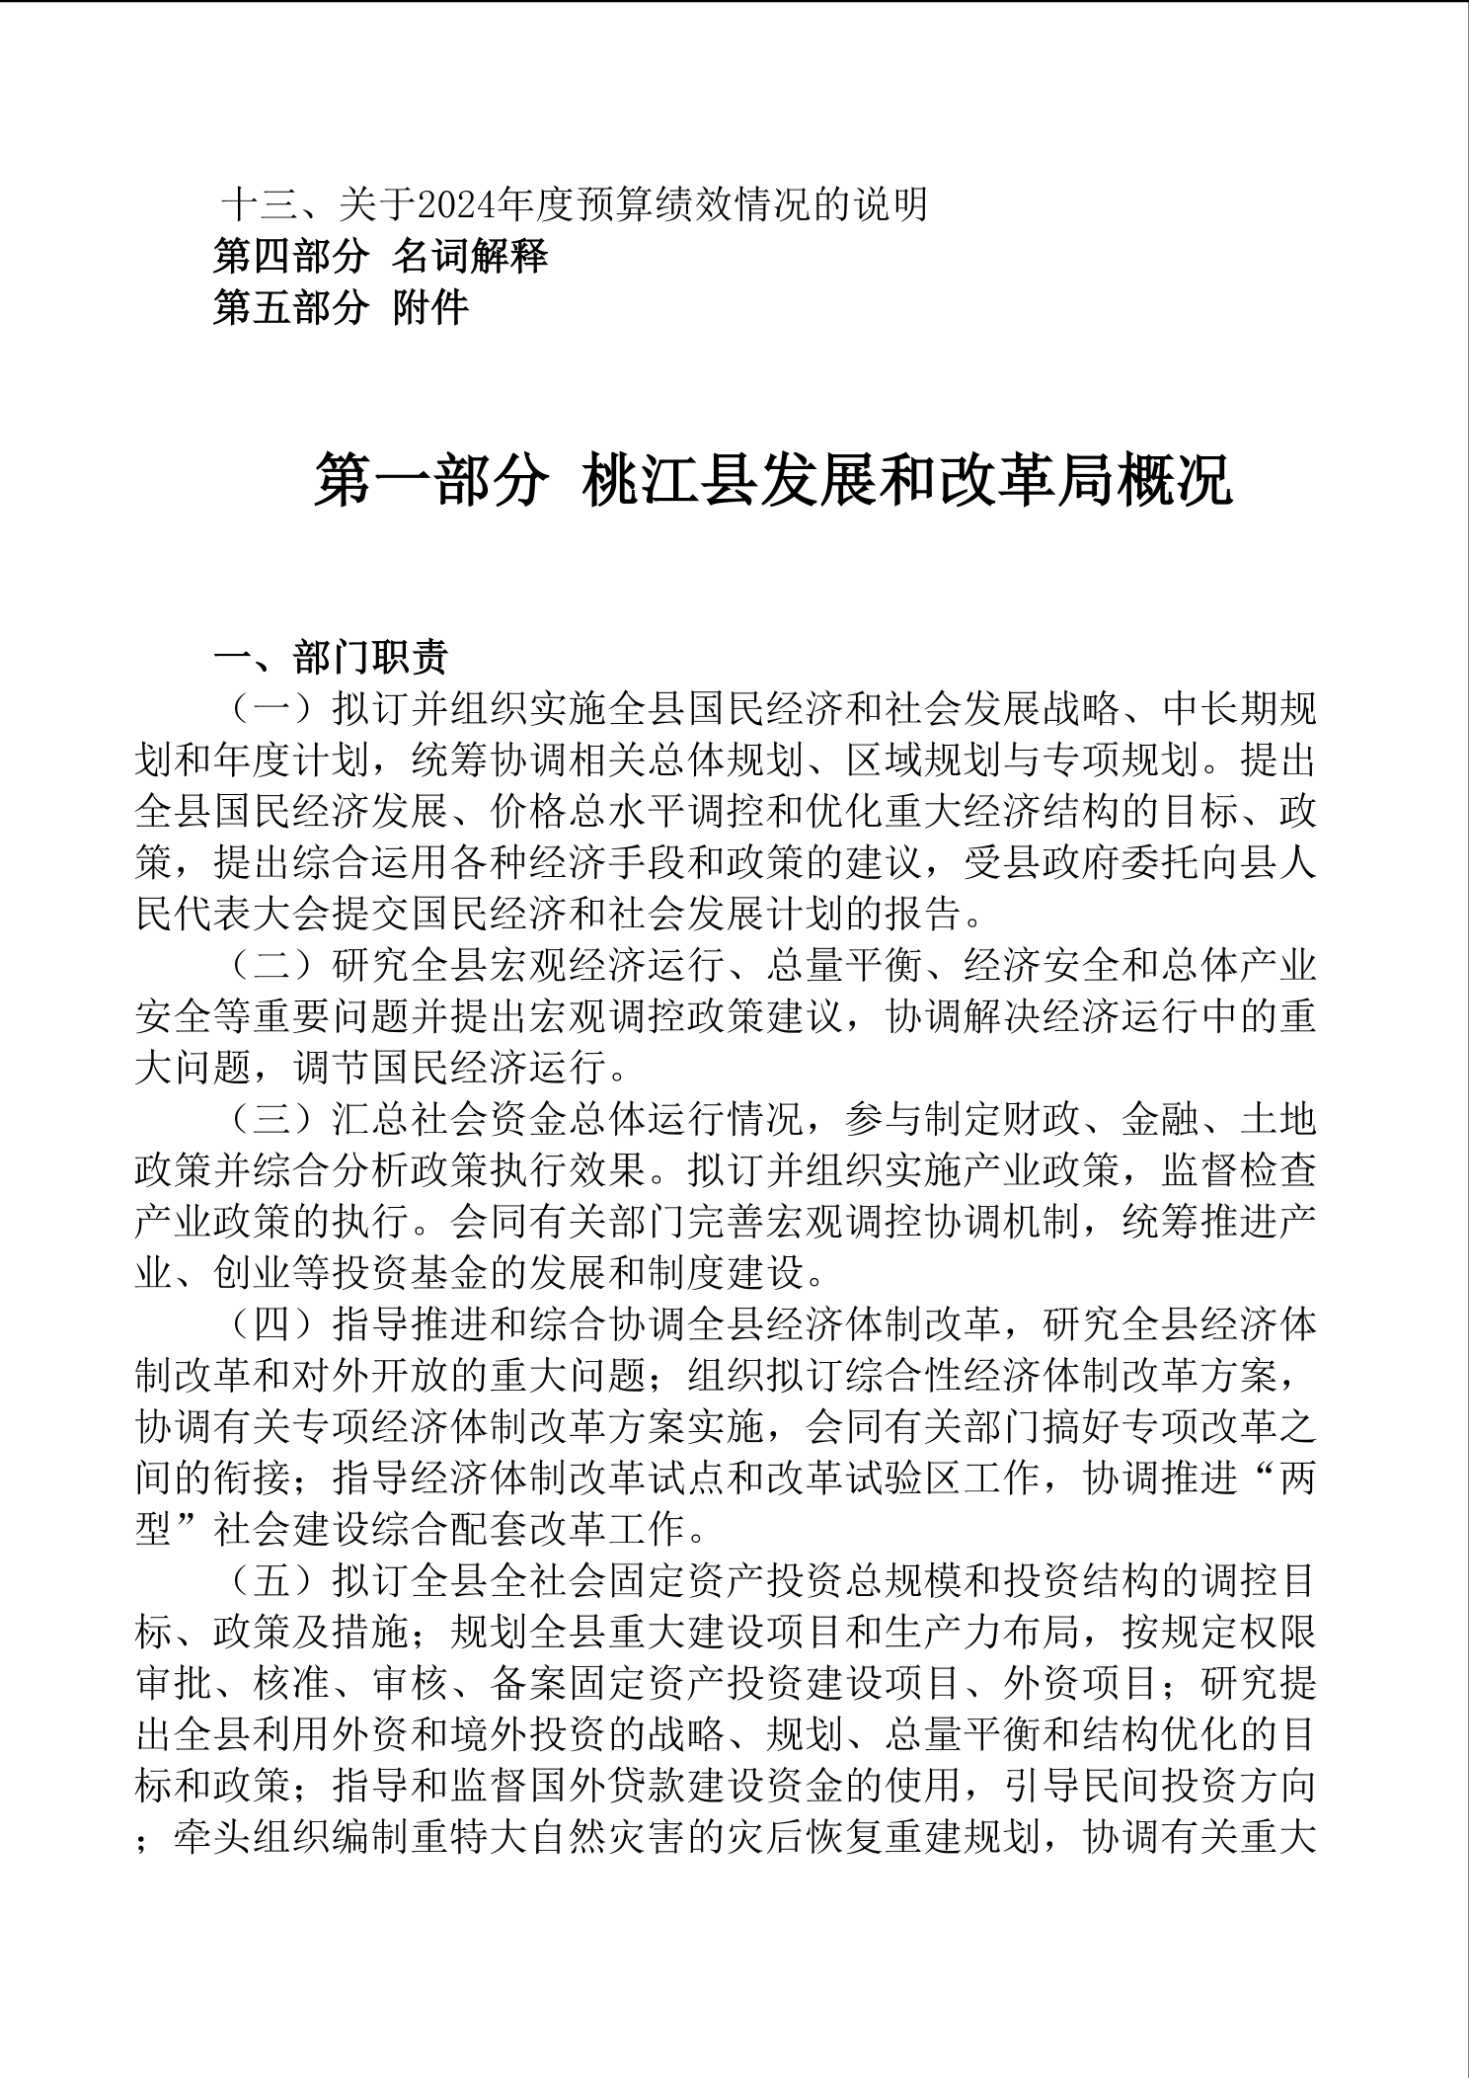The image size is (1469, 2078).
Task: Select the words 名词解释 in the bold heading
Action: click(470, 257)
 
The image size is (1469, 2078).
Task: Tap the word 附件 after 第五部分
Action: click(430, 308)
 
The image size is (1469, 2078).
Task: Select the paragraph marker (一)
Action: click(271, 708)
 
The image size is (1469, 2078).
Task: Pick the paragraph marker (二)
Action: click(271, 965)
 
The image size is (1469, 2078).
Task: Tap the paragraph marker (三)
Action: click(271, 1119)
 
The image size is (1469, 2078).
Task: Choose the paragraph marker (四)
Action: click(271, 1324)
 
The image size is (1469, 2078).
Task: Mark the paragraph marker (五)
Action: click(271, 1581)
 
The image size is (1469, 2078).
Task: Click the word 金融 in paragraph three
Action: click(1161, 1119)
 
